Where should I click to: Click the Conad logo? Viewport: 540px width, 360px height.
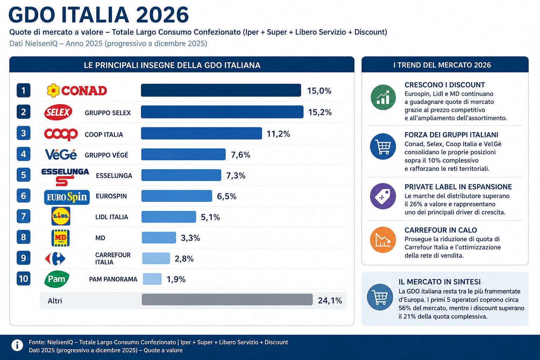click(x=77, y=91)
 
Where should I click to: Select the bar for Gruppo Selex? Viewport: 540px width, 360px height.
click(x=222, y=112)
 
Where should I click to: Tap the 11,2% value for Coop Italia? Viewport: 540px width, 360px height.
click(x=278, y=134)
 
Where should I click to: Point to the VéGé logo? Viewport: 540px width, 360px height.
click(x=61, y=155)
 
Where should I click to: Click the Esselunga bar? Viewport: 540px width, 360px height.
click(x=181, y=175)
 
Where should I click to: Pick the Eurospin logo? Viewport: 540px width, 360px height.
click(x=67, y=197)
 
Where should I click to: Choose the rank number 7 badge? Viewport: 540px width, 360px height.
click(x=24, y=216)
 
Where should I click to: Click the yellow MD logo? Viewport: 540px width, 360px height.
click(x=60, y=238)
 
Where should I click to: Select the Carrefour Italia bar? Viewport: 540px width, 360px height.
click(x=156, y=258)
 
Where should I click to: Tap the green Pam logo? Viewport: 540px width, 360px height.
click(x=57, y=279)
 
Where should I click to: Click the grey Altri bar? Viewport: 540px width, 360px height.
click(x=227, y=300)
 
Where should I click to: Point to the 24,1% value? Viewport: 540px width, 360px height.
click(x=330, y=301)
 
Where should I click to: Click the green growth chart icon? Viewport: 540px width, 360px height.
click(x=383, y=97)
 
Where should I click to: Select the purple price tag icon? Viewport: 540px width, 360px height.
click(x=383, y=196)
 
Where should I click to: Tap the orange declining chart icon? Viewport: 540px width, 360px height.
click(x=383, y=240)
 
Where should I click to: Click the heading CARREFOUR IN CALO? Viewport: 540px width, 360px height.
click(x=441, y=230)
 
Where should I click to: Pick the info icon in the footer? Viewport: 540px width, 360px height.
click(x=17, y=345)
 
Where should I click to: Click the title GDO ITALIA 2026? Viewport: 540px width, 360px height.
click(x=98, y=15)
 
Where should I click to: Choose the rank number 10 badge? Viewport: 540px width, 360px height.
click(x=24, y=278)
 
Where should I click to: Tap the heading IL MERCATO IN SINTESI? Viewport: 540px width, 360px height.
click(x=439, y=282)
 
